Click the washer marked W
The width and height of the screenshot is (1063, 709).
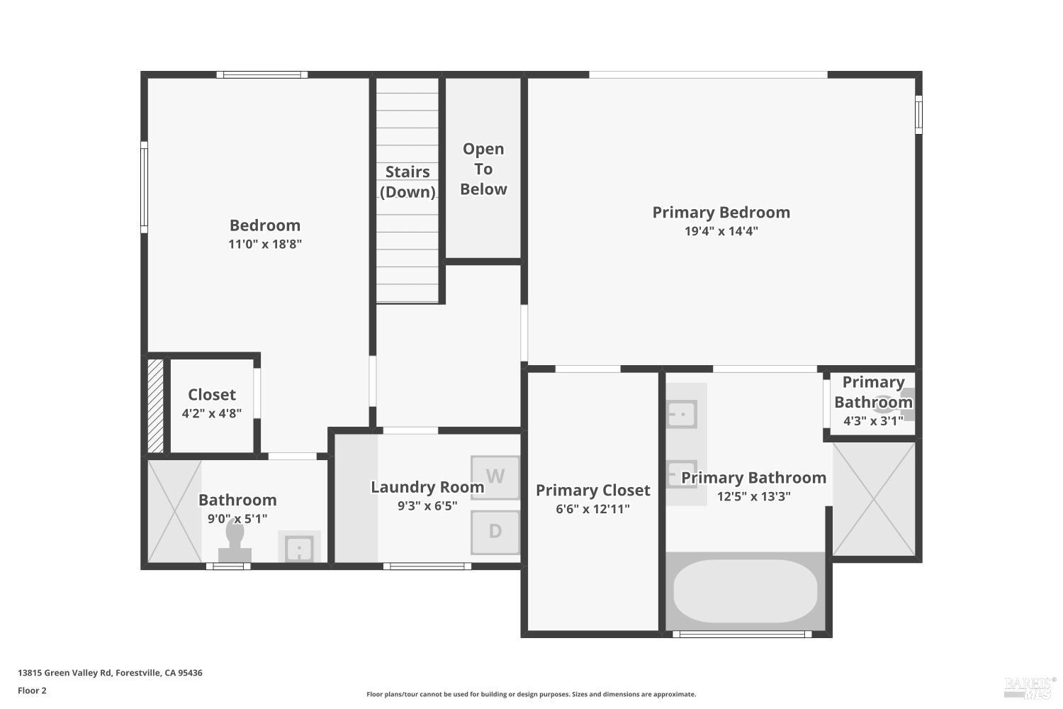495,476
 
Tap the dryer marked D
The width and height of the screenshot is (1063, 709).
495,531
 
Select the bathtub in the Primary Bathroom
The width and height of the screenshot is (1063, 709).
745,591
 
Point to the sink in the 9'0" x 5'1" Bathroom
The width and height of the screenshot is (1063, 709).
299,548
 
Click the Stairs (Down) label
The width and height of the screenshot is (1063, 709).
407,182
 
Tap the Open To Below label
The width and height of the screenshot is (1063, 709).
483,169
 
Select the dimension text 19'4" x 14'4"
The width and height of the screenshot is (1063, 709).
721,230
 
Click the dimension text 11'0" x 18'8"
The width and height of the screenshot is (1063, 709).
265,244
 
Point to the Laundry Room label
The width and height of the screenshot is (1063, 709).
427,487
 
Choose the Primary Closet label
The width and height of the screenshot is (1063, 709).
592,490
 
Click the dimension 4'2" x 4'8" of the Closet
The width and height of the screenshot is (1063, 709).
212,413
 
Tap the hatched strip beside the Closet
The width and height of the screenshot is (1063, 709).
155,406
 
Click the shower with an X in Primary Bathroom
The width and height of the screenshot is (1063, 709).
874,499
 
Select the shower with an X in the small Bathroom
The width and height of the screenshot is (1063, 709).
174,511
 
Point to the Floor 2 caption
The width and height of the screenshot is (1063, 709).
32,691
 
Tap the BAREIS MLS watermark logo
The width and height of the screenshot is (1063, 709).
1030,686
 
